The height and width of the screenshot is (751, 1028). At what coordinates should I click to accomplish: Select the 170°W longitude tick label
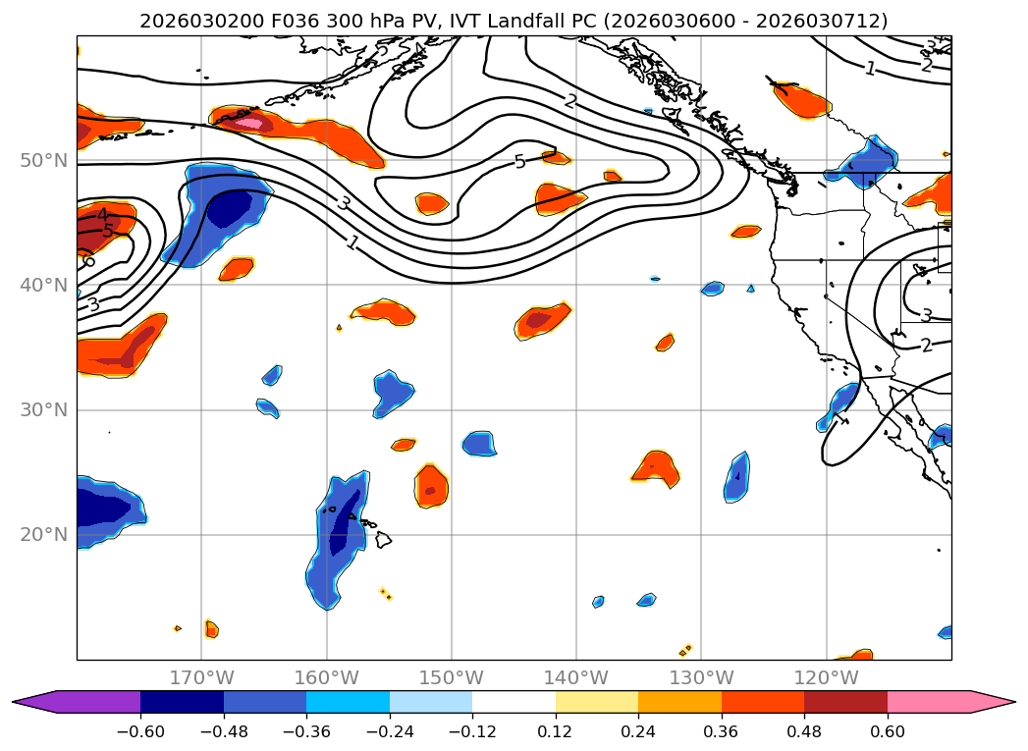click(x=201, y=678)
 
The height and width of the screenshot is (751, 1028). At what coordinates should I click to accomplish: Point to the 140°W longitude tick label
click(x=576, y=678)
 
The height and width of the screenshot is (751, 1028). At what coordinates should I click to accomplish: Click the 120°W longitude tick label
click(x=826, y=678)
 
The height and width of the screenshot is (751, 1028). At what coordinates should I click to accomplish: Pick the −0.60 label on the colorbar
click(x=140, y=731)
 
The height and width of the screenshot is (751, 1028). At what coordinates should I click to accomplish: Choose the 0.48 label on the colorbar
click(x=804, y=731)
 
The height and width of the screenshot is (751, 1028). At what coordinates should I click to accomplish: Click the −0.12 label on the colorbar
click(x=472, y=731)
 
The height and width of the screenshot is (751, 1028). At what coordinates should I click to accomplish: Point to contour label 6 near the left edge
click(x=88, y=260)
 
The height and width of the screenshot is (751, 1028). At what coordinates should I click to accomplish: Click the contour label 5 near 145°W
click(x=519, y=162)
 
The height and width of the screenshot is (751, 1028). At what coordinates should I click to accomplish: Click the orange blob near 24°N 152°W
click(x=431, y=486)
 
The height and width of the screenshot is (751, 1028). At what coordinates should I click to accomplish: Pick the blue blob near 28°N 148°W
click(x=479, y=444)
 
